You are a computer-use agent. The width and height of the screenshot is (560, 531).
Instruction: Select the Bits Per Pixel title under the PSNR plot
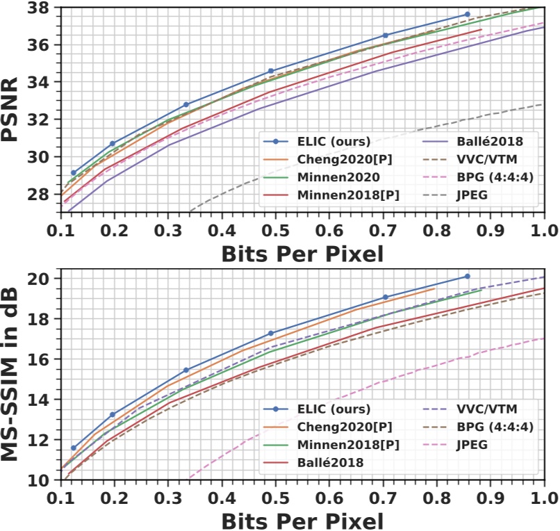tap(302, 254)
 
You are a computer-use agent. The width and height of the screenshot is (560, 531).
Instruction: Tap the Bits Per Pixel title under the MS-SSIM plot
tap(302, 521)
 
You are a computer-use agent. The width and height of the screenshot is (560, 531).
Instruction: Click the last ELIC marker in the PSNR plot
tap(467, 14)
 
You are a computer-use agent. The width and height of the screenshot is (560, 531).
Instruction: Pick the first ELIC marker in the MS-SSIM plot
tap(74, 448)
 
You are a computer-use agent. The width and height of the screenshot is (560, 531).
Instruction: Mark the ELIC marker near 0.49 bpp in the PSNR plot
tap(271, 71)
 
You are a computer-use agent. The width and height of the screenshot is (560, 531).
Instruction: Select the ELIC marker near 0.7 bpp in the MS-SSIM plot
tap(385, 297)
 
